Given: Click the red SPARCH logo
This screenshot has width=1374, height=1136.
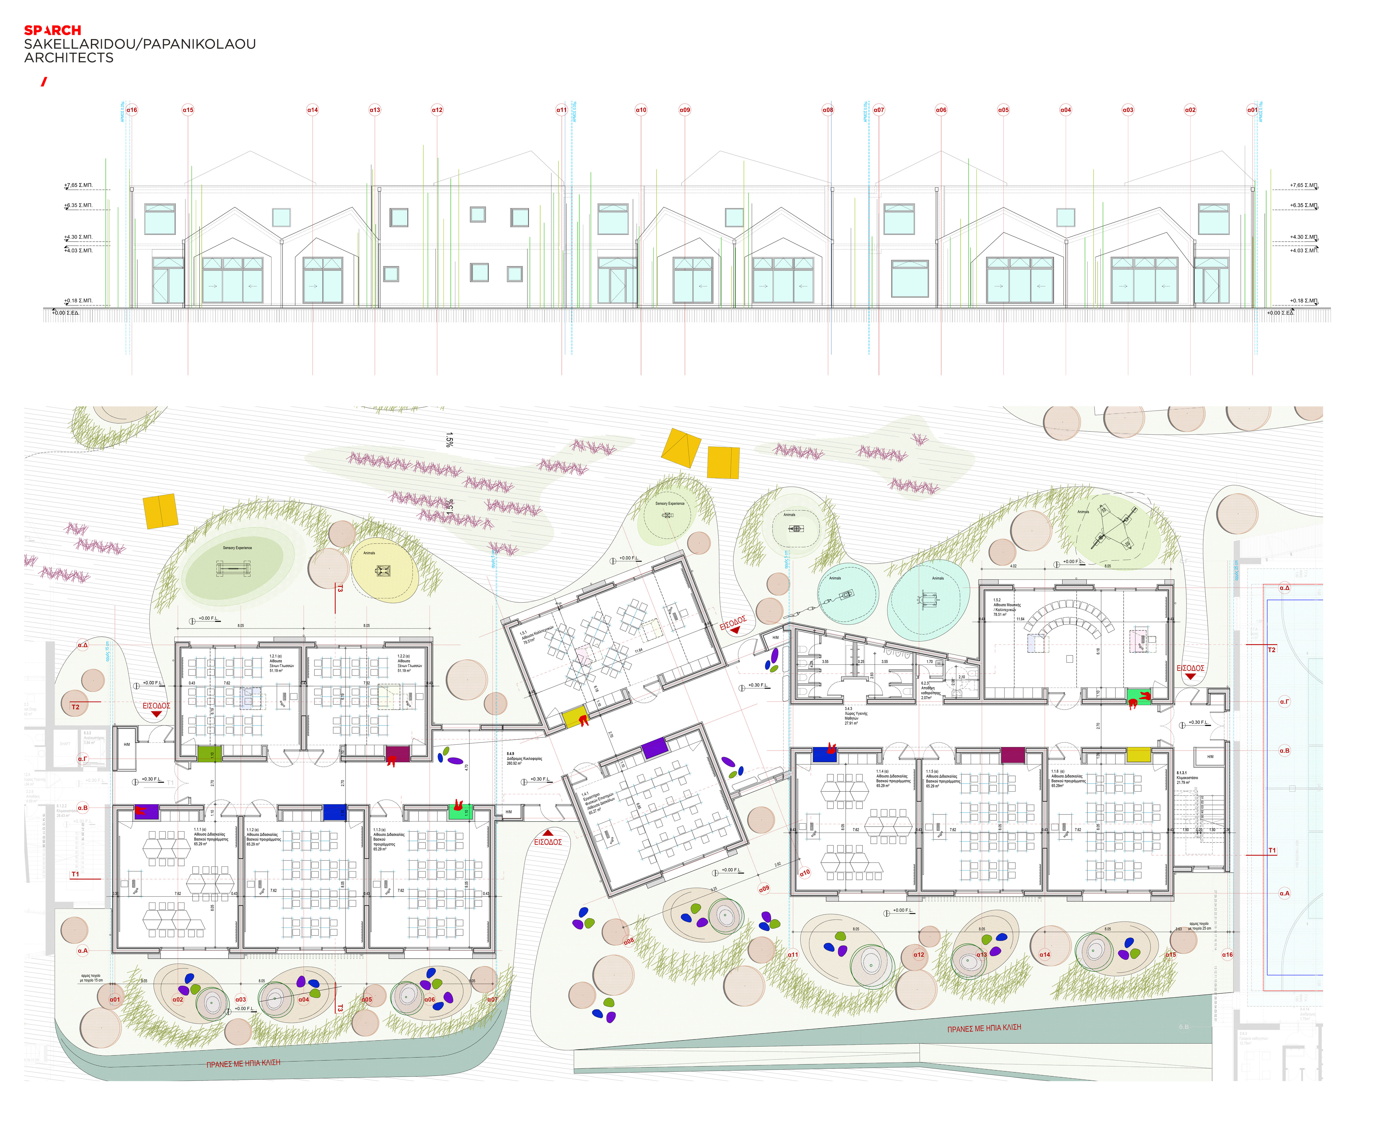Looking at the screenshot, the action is click(52, 30).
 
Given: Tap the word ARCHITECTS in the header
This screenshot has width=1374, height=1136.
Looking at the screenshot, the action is click(69, 58).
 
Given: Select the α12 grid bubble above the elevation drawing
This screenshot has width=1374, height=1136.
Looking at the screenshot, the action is click(437, 110).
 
